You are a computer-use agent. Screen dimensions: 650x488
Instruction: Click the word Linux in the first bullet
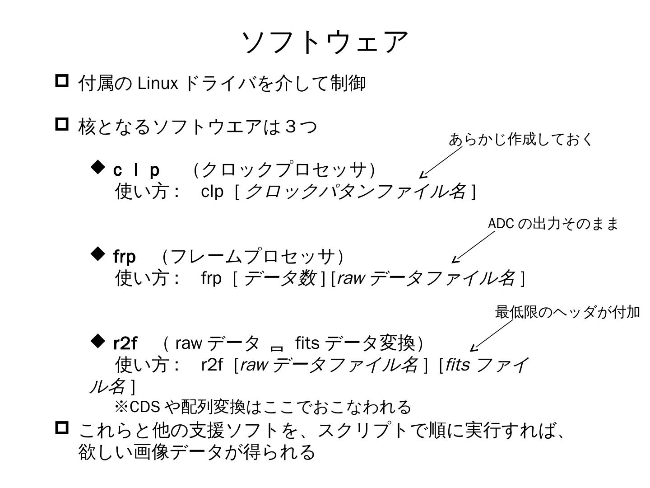coord(158,84)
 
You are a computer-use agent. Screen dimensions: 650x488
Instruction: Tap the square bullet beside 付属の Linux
coord(62,81)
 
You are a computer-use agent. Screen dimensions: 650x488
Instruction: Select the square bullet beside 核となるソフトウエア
coord(62,124)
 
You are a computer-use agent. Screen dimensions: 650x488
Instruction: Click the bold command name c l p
coord(136,170)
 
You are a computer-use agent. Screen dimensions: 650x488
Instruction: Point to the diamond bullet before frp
coord(97,254)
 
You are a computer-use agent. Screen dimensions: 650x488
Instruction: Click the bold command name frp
coord(124,257)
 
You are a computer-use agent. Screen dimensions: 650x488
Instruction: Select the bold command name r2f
coord(125,343)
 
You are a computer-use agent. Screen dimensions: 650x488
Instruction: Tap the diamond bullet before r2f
coord(97,341)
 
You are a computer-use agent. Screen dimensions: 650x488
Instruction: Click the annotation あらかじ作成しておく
coord(520,140)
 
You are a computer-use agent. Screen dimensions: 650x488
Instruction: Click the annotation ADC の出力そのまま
coord(552,224)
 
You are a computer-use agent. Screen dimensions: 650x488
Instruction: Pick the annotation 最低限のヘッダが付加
coord(567,312)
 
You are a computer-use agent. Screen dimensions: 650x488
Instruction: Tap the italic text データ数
coord(279,278)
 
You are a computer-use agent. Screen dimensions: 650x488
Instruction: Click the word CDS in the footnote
coord(144,407)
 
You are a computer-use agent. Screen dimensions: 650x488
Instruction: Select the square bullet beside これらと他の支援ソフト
coord(62,427)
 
